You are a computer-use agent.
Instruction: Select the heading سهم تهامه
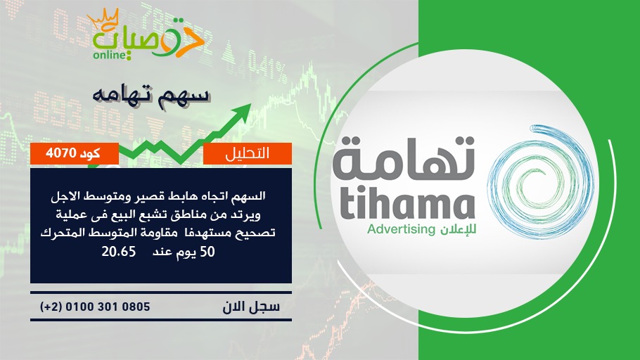(151, 95)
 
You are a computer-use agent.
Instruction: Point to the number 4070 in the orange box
(61, 153)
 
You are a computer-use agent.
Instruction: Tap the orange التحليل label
(248, 153)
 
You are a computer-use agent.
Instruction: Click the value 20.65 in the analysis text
(118, 252)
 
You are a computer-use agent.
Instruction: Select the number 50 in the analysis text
(207, 252)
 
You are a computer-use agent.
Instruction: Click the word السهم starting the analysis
(248, 196)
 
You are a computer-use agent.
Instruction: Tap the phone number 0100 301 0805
(108, 307)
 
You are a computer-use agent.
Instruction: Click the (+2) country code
(51, 307)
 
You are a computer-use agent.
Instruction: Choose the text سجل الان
(251, 307)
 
